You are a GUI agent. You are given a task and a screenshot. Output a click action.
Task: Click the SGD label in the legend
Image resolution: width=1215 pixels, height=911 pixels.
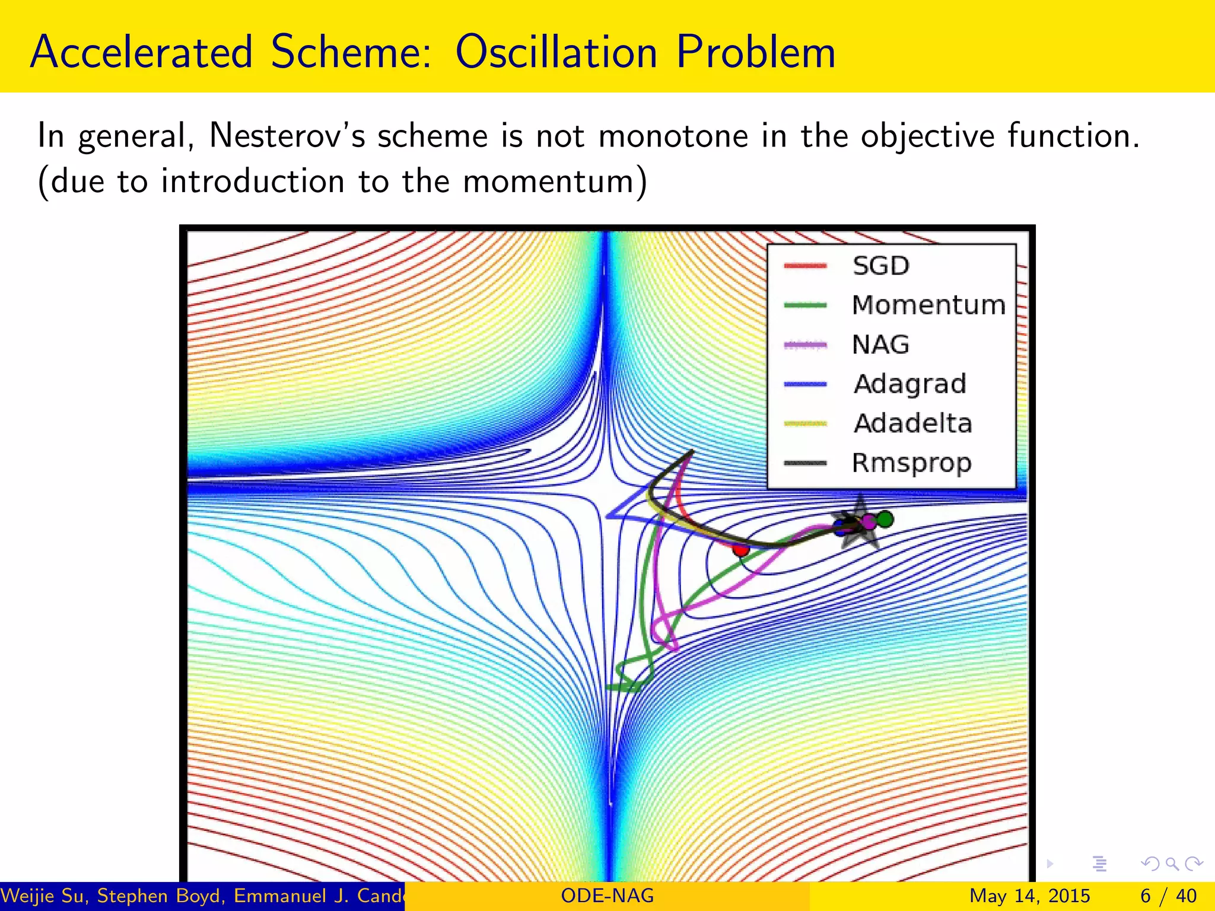coord(881,266)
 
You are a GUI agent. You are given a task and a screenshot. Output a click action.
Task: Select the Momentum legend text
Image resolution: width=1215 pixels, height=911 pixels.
coord(928,305)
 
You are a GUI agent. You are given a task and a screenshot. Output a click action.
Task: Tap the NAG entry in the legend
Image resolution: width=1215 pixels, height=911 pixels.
coord(880,345)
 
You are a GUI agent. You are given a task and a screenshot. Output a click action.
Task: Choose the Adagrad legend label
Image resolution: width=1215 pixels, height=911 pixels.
coord(910,384)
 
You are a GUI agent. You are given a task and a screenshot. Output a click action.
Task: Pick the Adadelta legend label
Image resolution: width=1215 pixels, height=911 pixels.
coord(912,423)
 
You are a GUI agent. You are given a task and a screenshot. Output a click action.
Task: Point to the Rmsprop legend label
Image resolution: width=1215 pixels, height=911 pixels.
coord(912,463)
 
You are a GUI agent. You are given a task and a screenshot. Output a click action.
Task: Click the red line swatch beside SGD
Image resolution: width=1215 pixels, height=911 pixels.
coord(805,266)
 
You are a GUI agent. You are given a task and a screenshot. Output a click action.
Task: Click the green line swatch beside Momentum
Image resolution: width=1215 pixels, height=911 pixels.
coord(805,305)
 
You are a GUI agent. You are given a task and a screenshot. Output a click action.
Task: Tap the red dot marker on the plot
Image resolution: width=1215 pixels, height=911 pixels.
coord(740,549)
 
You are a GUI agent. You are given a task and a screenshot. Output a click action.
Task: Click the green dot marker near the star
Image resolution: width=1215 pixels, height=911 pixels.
coord(885,519)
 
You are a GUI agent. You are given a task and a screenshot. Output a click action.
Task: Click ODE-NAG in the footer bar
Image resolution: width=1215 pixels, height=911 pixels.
coord(607,896)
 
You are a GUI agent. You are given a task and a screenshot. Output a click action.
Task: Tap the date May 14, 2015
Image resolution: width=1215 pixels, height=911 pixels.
coord(1029,896)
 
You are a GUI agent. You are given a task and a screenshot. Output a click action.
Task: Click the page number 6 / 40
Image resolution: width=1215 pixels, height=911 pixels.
coord(1168,896)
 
